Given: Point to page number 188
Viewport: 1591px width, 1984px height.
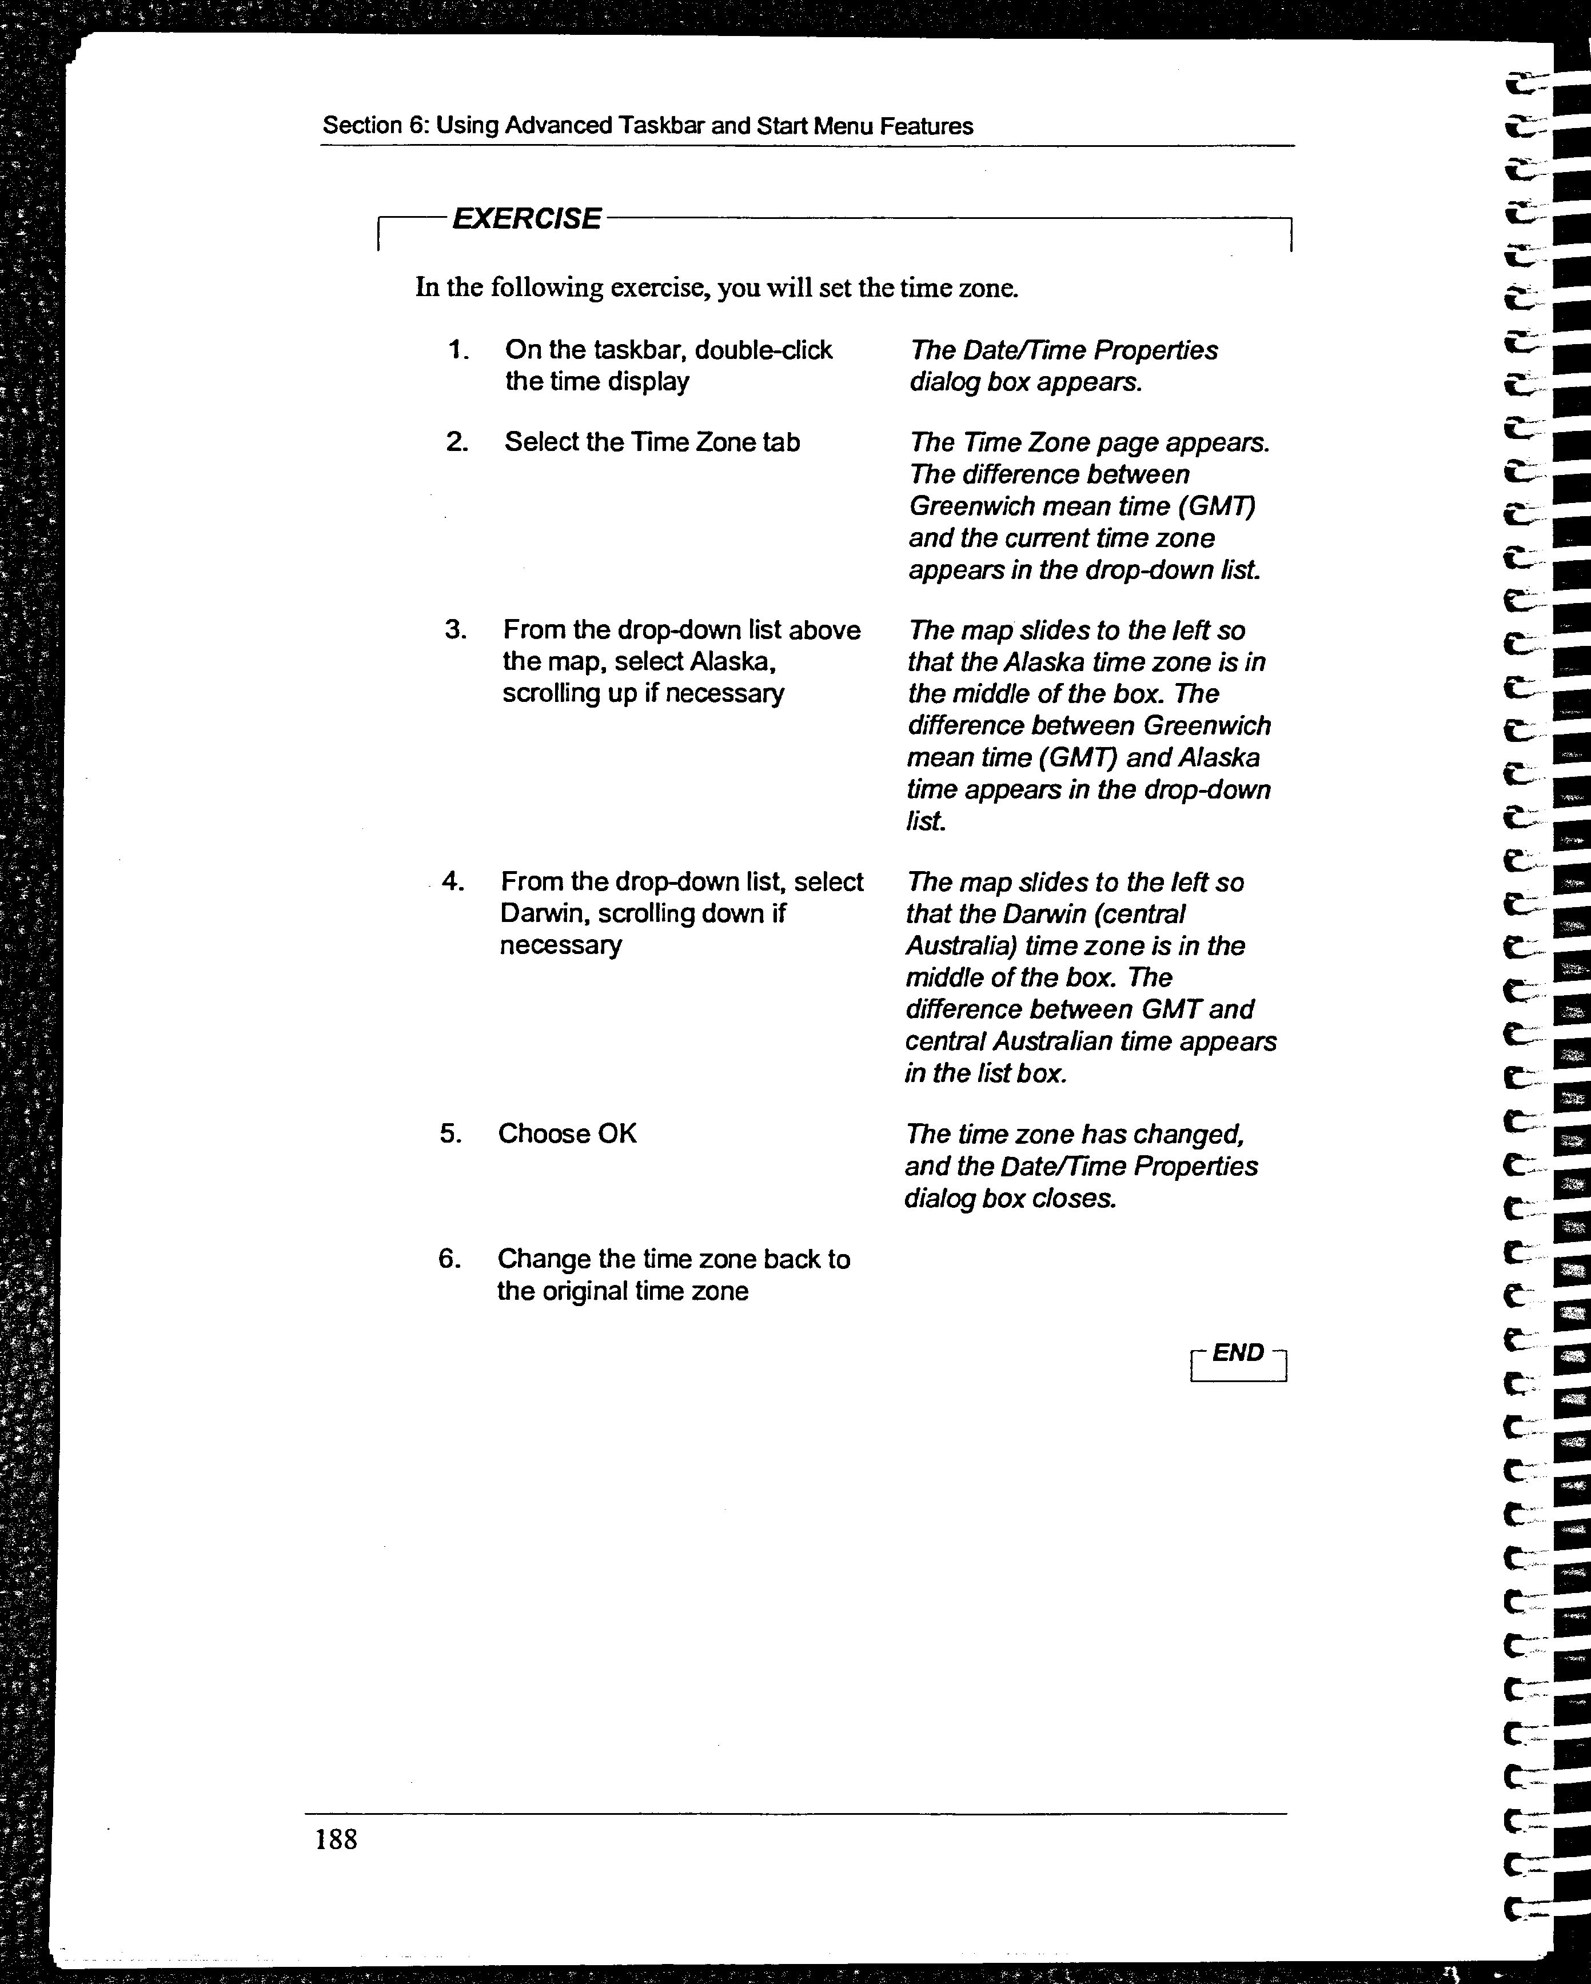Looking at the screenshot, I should point(336,1839).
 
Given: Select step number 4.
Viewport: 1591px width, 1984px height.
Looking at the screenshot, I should point(452,881).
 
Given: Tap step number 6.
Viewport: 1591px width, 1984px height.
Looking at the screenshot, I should point(449,1258).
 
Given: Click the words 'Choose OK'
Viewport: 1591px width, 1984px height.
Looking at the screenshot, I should point(567,1133).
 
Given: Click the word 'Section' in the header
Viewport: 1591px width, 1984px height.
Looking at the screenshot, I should point(362,126).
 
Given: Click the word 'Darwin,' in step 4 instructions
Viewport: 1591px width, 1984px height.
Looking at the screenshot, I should point(539,914).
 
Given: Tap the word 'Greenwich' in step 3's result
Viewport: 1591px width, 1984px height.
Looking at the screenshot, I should point(1206,726).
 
